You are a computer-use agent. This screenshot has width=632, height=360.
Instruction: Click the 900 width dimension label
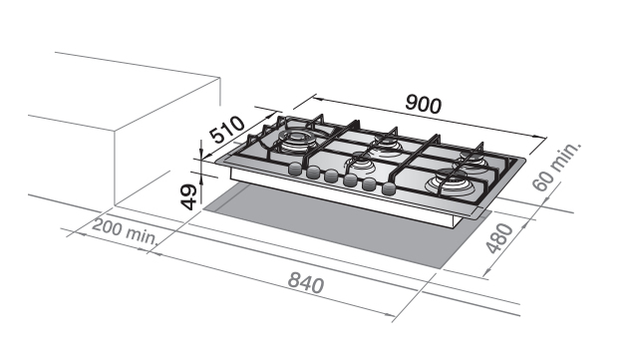click(424, 104)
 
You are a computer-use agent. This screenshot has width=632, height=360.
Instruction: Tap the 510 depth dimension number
click(227, 130)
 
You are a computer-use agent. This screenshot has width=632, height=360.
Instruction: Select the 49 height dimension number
click(188, 197)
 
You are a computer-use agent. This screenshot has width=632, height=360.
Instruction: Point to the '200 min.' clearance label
click(125, 231)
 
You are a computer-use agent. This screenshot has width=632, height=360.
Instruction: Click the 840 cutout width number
click(306, 282)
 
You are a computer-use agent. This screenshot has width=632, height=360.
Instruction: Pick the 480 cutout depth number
click(499, 238)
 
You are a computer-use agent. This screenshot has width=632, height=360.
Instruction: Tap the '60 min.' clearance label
click(556, 167)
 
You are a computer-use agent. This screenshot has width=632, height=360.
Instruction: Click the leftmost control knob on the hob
click(295, 169)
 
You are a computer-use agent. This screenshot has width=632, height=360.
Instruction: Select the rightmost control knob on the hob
click(389, 188)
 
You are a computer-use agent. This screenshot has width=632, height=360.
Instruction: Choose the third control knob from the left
click(331, 177)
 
